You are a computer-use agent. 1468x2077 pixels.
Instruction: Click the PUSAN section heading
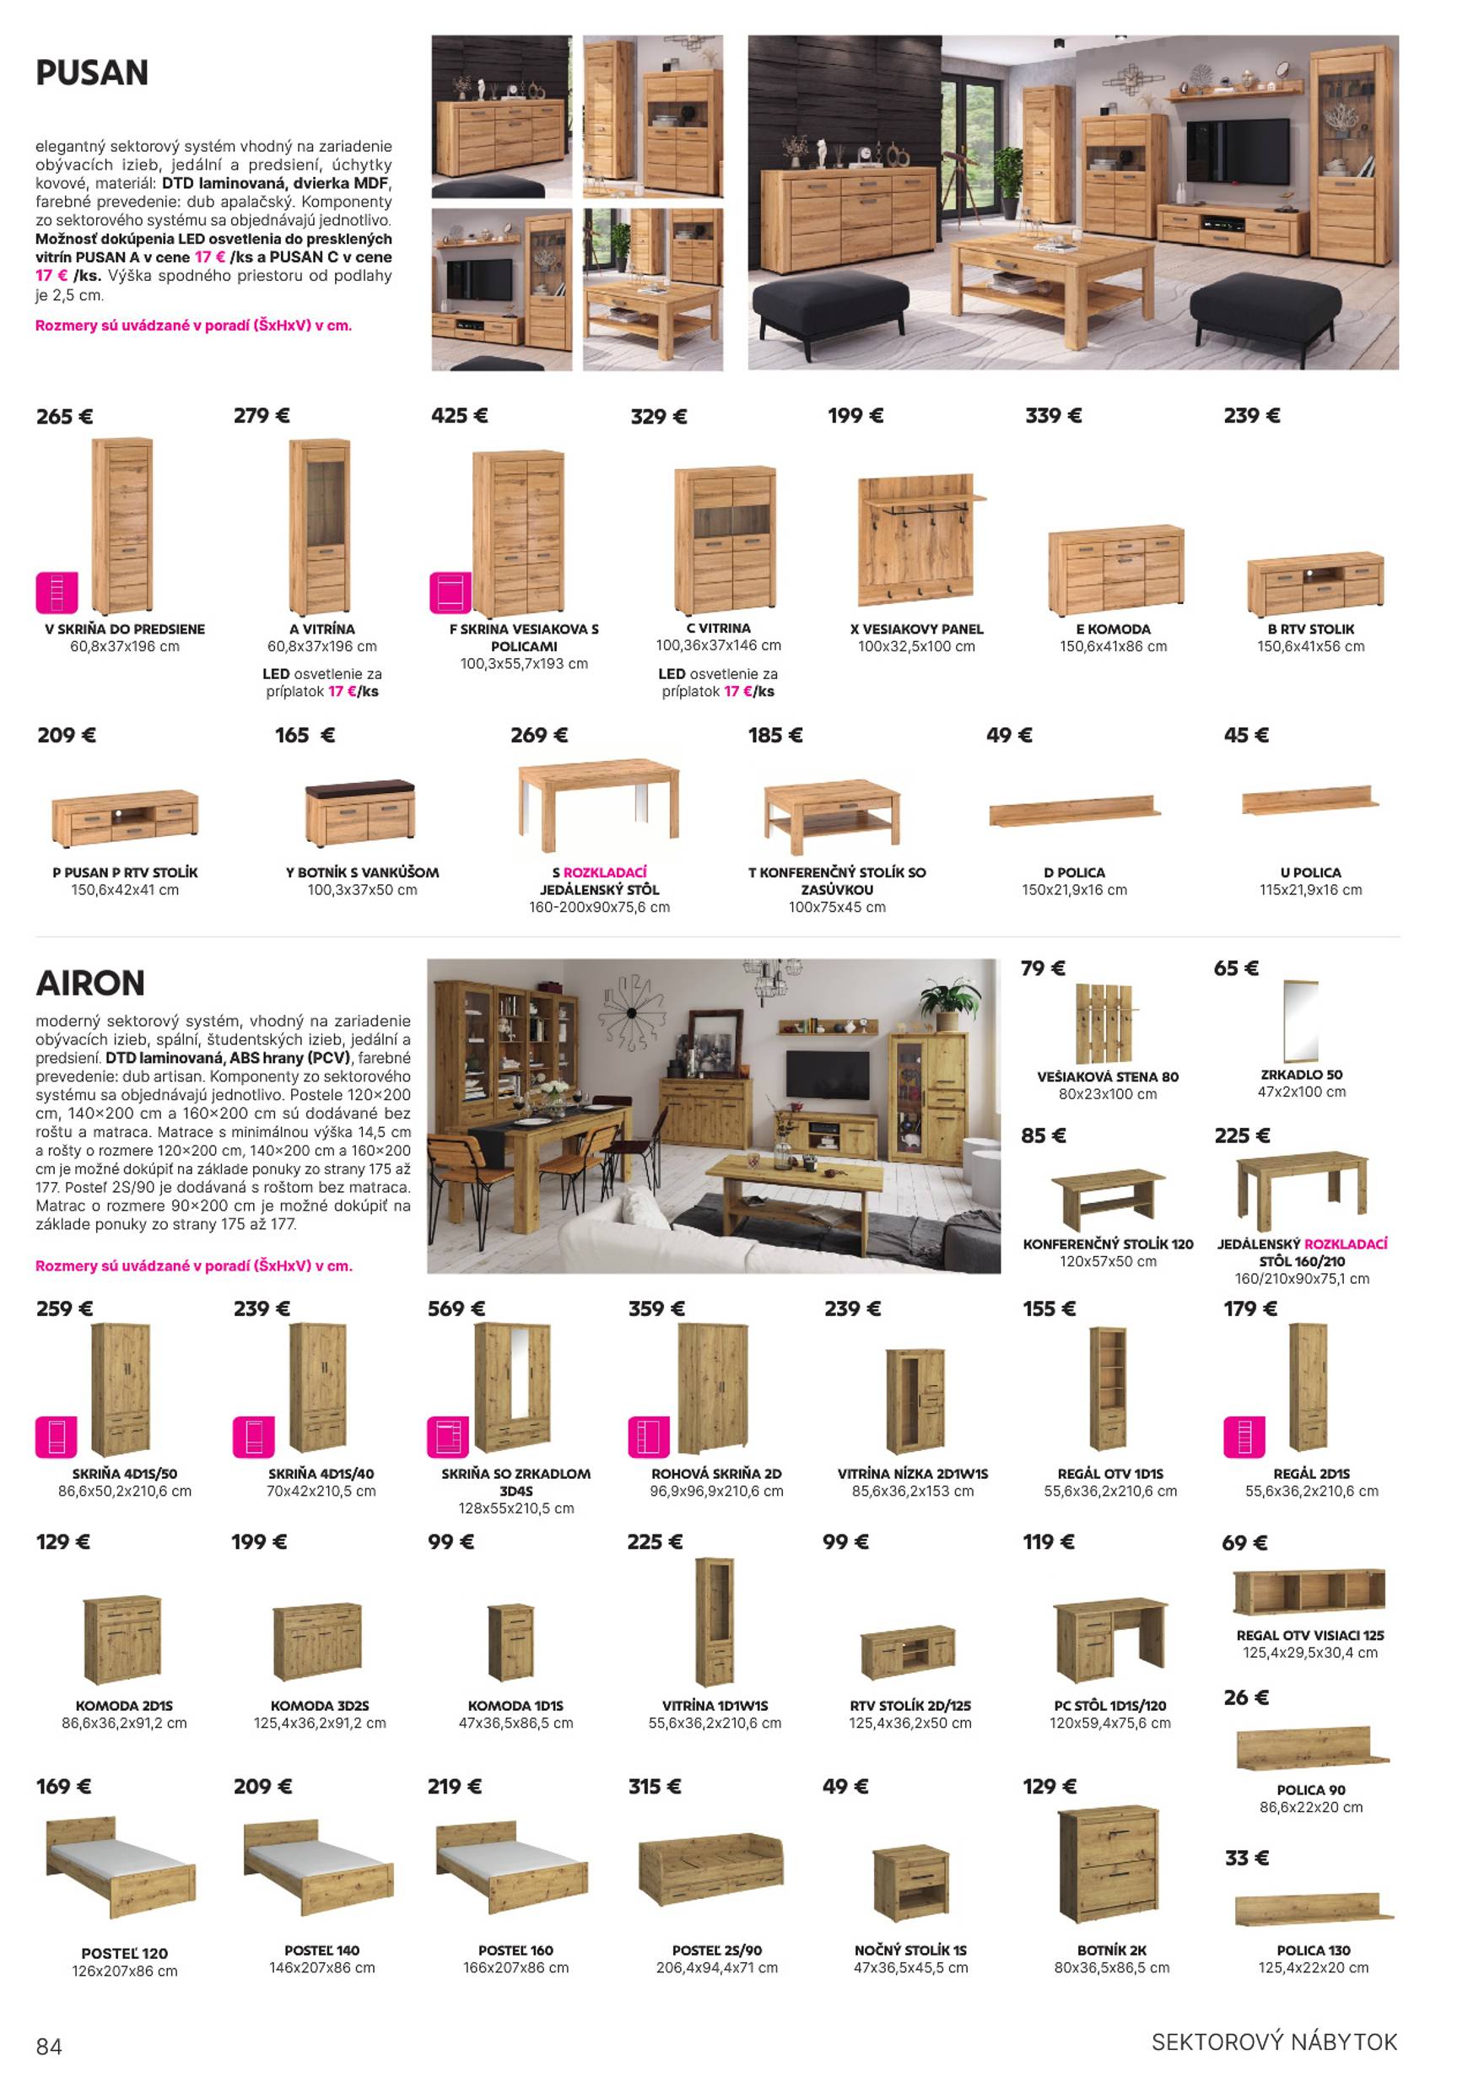coord(91,73)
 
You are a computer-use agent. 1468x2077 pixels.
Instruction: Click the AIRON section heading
coord(90,983)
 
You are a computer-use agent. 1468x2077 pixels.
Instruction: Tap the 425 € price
coord(459,416)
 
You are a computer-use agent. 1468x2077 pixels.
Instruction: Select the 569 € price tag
coord(456,1308)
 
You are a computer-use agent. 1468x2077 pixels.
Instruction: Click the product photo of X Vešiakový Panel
coord(917,540)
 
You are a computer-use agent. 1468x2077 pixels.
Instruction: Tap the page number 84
coord(49,2047)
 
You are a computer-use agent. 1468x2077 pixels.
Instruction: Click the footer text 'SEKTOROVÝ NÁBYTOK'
coord(1274,2042)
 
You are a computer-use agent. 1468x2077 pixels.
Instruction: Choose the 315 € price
coord(654,1786)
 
